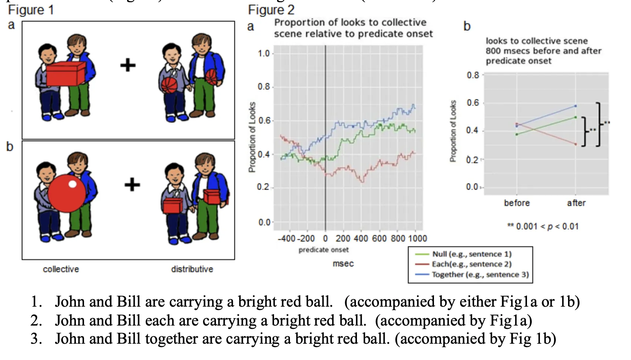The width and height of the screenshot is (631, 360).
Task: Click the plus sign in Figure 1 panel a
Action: click(128, 66)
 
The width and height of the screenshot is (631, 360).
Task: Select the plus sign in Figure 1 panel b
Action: click(132, 184)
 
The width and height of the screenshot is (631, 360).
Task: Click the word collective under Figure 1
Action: click(61, 269)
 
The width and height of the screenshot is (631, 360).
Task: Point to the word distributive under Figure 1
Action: click(192, 269)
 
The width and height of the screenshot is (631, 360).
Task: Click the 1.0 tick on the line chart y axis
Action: click(264, 54)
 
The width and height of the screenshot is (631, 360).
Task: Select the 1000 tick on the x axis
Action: click(417, 239)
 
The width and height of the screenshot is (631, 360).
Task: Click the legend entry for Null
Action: click(471, 254)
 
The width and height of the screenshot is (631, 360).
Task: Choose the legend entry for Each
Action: click(471, 264)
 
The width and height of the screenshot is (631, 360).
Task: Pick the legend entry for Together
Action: click(480, 274)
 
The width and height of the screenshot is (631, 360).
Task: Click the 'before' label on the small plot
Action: click(517, 203)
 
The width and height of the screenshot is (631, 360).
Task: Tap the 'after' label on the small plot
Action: click(576, 203)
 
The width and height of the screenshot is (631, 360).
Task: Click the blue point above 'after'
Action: click(575, 106)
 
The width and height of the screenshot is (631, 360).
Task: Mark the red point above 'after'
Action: click(575, 144)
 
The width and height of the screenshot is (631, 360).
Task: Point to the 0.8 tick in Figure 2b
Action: click(473, 76)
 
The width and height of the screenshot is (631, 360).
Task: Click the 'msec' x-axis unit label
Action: click(343, 264)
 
